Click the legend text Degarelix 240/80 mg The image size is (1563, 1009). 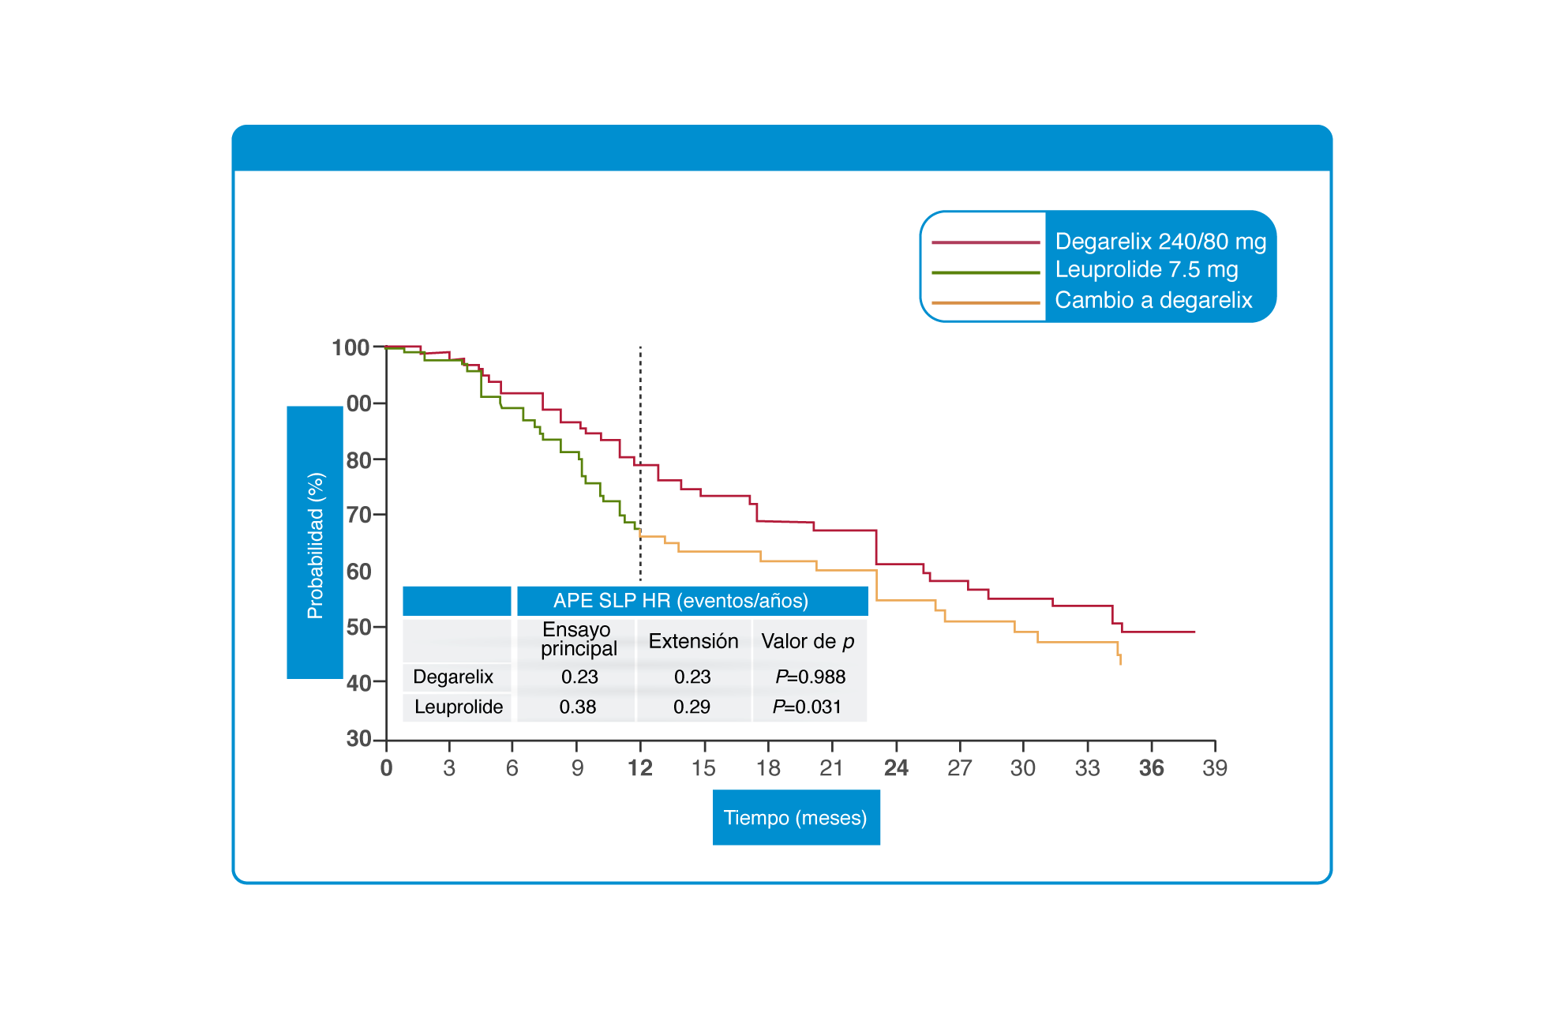click(x=1160, y=242)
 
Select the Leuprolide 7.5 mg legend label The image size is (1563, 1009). click(x=1146, y=270)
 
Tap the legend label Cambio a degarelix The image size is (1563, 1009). click(x=1153, y=300)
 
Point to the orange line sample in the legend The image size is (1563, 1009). click(x=986, y=302)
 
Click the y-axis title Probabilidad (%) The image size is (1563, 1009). click(x=315, y=546)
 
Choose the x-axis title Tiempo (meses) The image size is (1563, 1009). click(x=795, y=817)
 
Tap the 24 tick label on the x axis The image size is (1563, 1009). click(x=896, y=768)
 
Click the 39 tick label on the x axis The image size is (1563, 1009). click(x=1214, y=768)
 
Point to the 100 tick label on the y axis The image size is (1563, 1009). click(x=350, y=347)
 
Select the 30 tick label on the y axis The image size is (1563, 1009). click(x=358, y=739)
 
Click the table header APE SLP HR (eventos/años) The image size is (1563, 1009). click(x=680, y=601)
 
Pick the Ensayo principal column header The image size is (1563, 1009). click(x=579, y=640)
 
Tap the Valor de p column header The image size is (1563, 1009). click(x=808, y=641)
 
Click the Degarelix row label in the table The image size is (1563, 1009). click(x=453, y=677)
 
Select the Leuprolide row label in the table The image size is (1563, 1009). click(x=459, y=707)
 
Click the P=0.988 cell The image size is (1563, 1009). click(x=810, y=677)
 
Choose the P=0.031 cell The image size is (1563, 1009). click(x=807, y=707)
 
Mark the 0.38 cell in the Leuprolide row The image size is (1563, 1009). click(x=578, y=707)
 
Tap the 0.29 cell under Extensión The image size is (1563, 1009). click(x=692, y=707)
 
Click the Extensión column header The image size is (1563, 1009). click(x=693, y=641)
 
